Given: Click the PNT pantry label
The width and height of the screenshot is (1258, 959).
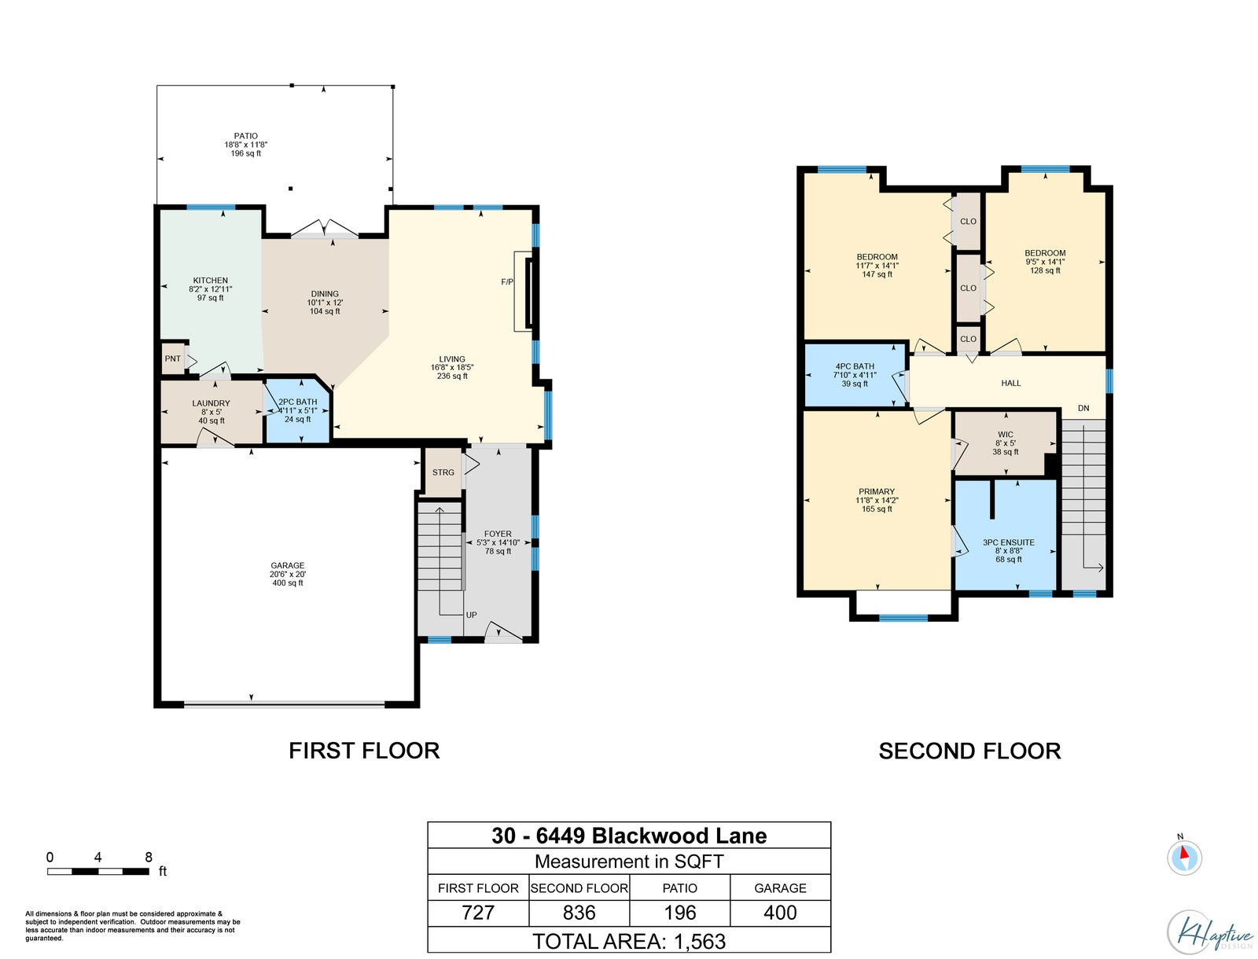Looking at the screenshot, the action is (x=172, y=358).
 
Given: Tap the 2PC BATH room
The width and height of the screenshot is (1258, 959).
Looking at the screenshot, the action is (x=297, y=410).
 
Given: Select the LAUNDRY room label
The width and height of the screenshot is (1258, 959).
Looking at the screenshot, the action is (x=211, y=402).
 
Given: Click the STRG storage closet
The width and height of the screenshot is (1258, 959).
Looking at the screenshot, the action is (x=443, y=472).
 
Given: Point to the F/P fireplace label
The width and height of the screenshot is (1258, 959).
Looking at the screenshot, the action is (x=506, y=282).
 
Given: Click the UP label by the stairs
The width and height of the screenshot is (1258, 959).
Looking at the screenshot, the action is (x=471, y=615).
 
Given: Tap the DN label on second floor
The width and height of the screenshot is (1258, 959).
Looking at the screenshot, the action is (x=1083, y=408).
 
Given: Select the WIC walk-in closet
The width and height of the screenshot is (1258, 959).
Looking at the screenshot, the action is (x=1005, y=443).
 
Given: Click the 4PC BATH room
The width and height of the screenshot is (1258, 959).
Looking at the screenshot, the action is (x=855, y=375).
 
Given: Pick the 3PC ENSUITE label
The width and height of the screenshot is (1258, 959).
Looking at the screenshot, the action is (x=1008, y=542).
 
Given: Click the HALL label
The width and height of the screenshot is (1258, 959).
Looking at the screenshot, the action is (x=1010, y=383).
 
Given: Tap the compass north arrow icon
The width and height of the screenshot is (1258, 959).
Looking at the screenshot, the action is (x=1184, y=857).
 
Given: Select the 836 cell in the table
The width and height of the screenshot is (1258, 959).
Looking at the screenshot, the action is (x=579, y=913).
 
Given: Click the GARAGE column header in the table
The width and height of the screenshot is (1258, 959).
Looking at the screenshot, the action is (x=780, y=888).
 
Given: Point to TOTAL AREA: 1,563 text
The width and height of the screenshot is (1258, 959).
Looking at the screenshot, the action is (x=629, y=941).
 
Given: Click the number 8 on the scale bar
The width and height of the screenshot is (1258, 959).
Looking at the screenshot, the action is (x=149, y=857).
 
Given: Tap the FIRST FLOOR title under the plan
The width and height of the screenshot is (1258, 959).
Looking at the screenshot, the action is (x=364, y=751).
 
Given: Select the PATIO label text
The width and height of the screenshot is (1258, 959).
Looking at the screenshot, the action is (x=246, y=136).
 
